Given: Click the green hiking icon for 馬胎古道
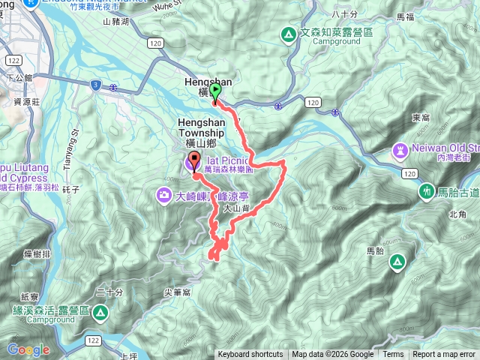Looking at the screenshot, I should click(x=427, y=192).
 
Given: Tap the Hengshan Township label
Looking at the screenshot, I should click(x=202, y=124).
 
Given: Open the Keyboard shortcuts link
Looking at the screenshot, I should click(x=250, y=355).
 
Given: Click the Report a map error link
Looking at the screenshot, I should click(x=444, y=355).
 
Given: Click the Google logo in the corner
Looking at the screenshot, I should click(x=28, y=349).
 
